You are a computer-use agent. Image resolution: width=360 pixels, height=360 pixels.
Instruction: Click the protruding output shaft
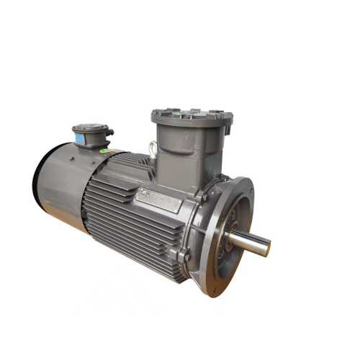point(248,242)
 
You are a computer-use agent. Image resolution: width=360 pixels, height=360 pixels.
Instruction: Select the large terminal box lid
point(192,115)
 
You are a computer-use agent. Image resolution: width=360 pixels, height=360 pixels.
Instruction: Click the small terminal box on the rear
point(91,137)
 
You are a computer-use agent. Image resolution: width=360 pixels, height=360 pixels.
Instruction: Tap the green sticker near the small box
point(105,150)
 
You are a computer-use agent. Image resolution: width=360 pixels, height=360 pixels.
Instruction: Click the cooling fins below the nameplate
point(137,230)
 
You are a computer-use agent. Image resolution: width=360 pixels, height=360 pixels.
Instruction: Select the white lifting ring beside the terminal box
point(152,150)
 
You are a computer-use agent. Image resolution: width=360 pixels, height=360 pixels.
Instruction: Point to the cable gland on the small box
point(109,132)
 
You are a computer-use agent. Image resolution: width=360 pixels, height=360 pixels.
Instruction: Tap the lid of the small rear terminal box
point(90,127)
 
